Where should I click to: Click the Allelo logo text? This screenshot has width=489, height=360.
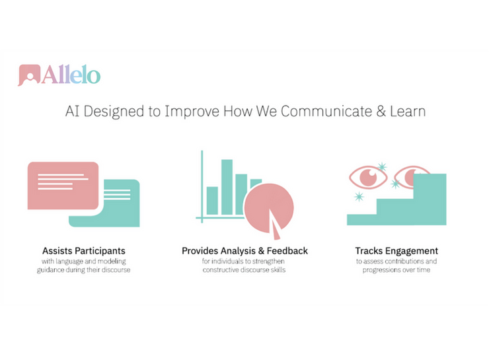71,75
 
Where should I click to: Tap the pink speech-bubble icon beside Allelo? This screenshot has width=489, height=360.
29,75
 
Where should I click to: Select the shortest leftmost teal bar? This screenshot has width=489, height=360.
212,200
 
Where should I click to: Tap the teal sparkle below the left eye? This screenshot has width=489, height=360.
359,196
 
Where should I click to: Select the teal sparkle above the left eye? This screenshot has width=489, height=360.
381,166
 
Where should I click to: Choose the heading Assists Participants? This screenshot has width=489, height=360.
83,251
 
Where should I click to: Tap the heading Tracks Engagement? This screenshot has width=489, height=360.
396,251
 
